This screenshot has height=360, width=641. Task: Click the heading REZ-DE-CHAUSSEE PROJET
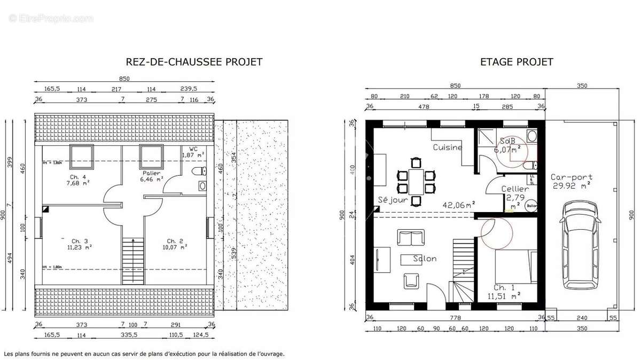coord(193,62)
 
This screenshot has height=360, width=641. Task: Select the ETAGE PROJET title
coord(516,62)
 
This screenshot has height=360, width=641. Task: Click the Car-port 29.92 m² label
coord(571,182)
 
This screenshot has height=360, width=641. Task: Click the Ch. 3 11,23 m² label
coord(79,244)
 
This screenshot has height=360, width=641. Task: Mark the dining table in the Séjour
coord(415,181)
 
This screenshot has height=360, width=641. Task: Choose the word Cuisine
coord(447,147)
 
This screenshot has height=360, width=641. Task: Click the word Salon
coord(425,259)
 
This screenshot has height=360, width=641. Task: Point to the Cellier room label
coord(515,189)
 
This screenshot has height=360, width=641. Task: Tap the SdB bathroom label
coord(507,142)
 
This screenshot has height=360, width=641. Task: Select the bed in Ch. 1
coord(515,266)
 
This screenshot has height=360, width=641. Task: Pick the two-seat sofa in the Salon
coord(411,237)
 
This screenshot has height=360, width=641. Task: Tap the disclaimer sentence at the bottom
coord(144,354)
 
